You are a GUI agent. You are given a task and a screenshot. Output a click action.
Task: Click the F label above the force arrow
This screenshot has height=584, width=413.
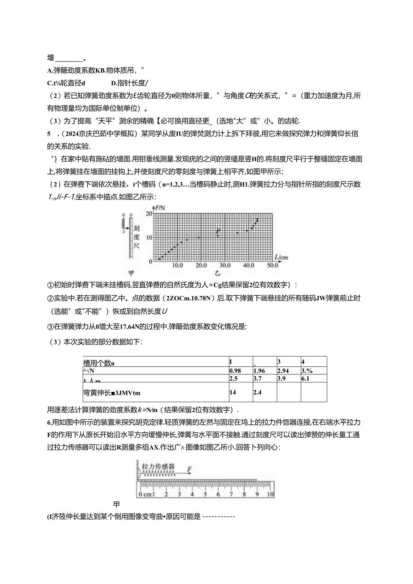[189, 470]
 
